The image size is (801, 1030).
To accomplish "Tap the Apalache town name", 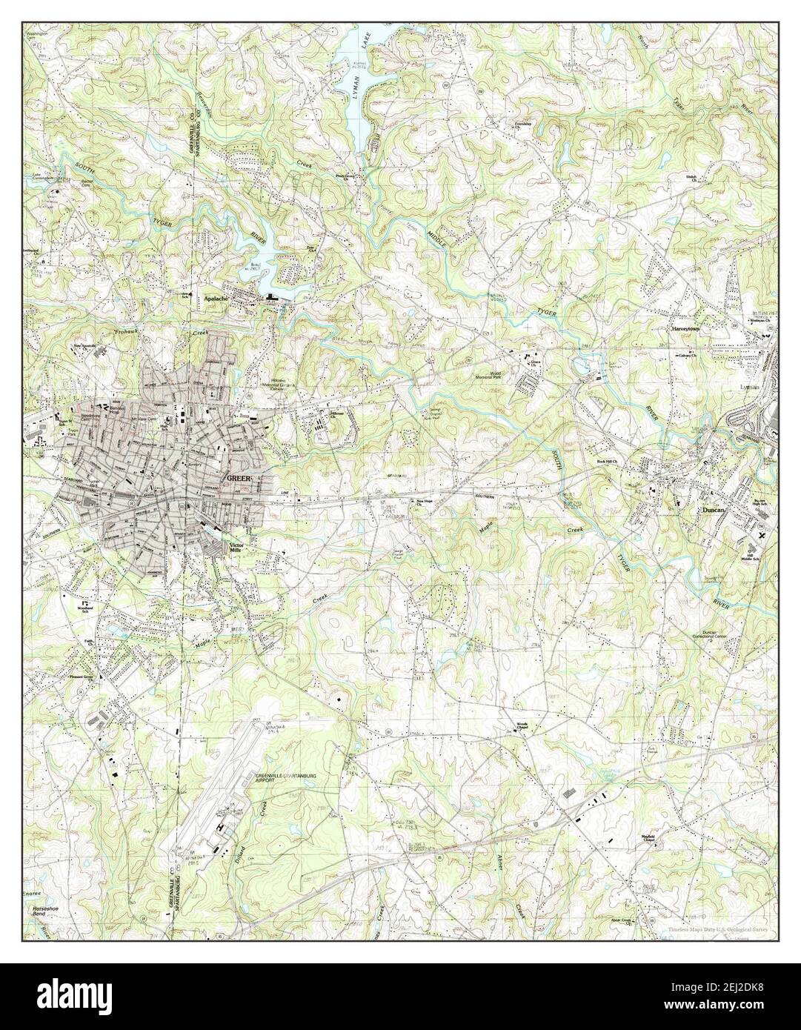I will pos(216,299).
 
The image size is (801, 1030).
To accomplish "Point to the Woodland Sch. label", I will pos(85,610).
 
